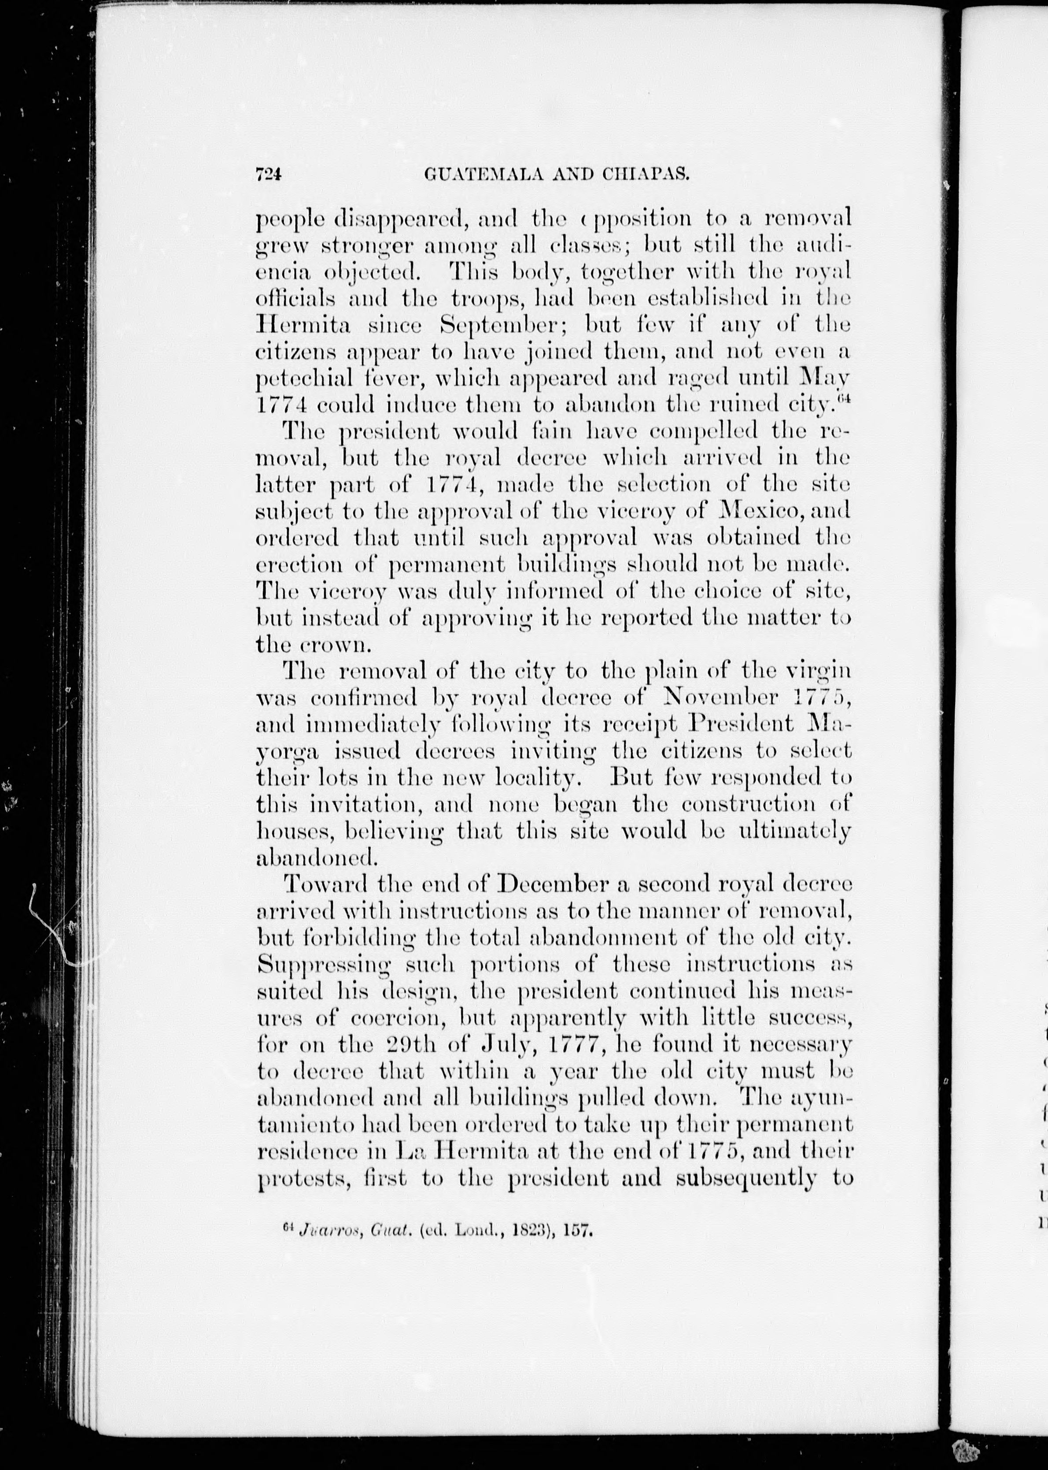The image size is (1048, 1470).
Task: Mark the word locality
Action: [534, 779]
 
